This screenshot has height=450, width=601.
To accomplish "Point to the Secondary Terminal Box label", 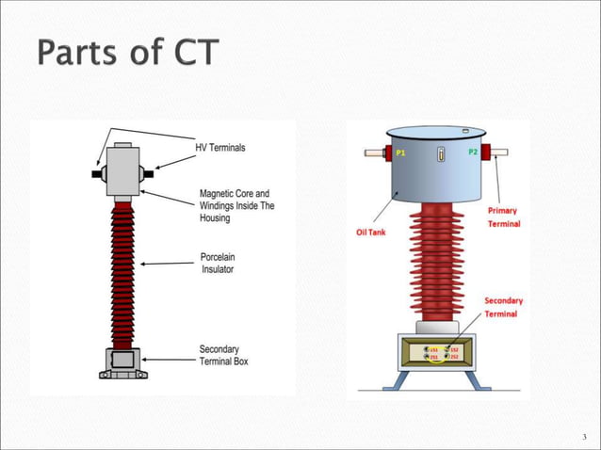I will click(224, 355).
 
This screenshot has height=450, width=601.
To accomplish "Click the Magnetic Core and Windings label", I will click(236, 205).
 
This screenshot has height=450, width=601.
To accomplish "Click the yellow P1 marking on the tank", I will click(399, 153).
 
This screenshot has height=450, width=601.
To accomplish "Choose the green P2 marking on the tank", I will click(473, 153).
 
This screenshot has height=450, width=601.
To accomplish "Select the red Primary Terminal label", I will click(502, 217).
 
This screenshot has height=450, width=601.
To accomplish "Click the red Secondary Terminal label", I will click(503, 307).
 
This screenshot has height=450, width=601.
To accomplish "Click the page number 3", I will click(584, 436).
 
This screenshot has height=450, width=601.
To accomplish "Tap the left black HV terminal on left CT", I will click(97, 173).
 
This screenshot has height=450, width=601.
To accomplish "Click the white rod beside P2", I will click(498, 151).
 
